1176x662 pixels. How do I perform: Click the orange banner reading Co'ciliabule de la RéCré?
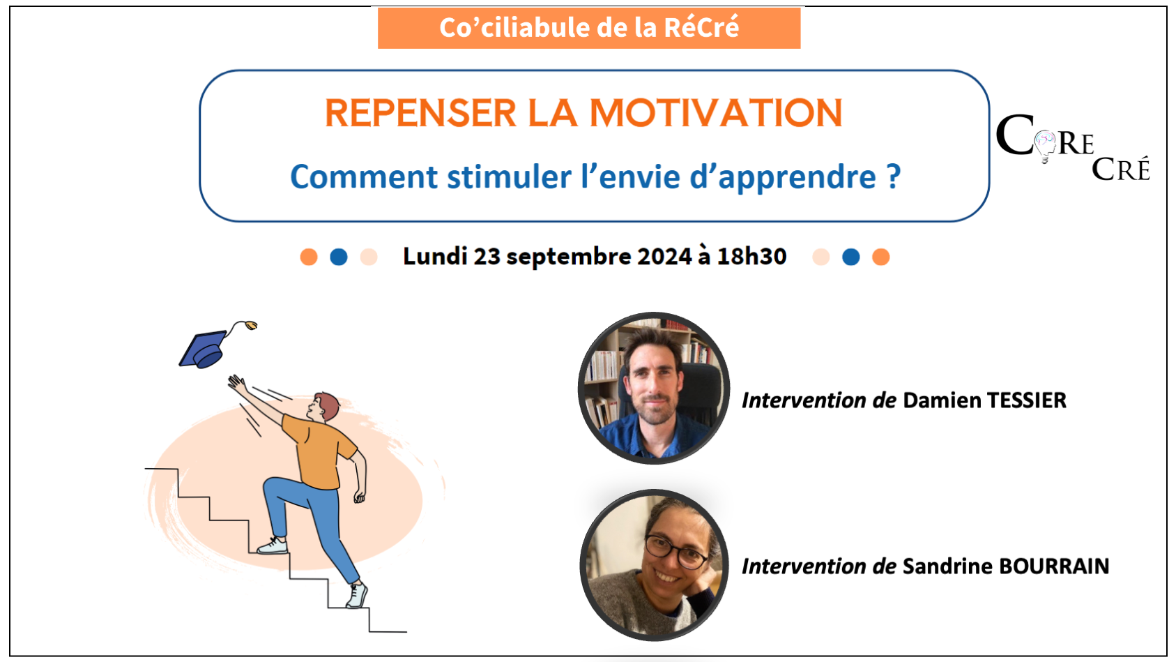pos(589,28)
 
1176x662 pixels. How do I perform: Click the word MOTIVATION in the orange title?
pos(716,113)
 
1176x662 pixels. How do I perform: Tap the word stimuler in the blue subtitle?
pos(510,176)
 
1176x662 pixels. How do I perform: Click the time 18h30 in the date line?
pos(751,257)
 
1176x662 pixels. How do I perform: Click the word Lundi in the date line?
pos(435,257)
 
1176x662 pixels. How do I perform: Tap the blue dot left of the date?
pos(339,257)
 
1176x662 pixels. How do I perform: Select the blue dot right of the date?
pos(851,257)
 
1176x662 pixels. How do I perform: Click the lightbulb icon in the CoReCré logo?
pos(1045,146)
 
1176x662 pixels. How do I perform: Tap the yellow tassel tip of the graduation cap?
pos(252,326)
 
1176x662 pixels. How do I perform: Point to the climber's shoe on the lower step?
pos(357,595)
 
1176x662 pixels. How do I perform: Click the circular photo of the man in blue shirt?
pos(654,389)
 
